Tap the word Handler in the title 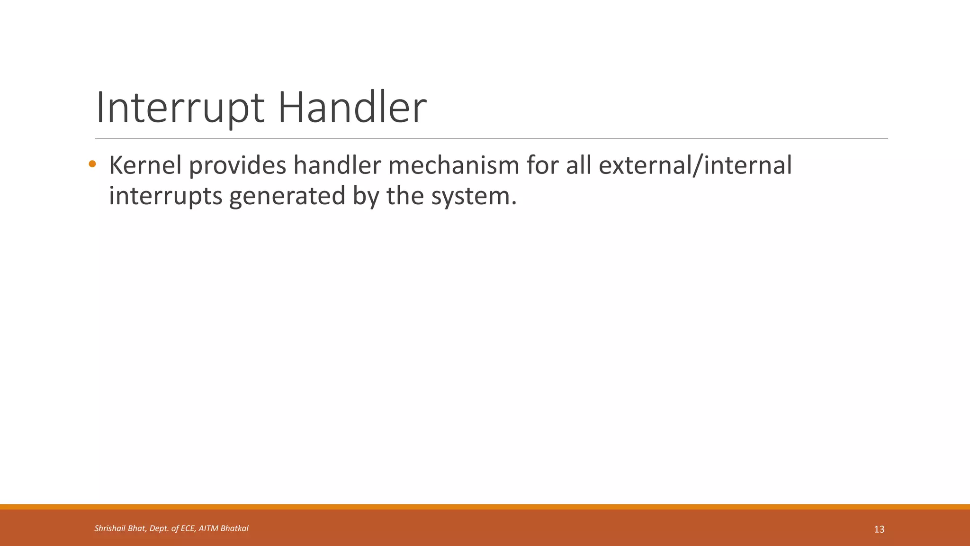click(x=352, y=108)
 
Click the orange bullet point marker click(x=92, y=164)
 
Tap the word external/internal click(x=695, y=165)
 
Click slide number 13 click(x=879, y=529)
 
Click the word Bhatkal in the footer click(x=234, y=528)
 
